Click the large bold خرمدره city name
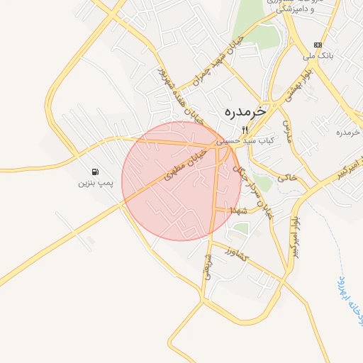pyautogui.click(x=244, y=111)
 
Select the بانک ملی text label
pyautogui.click(x=317, y=55)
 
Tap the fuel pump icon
pyautogui.click(x=94, y=172)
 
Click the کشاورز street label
pyautogui.click(x=233, y=253)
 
